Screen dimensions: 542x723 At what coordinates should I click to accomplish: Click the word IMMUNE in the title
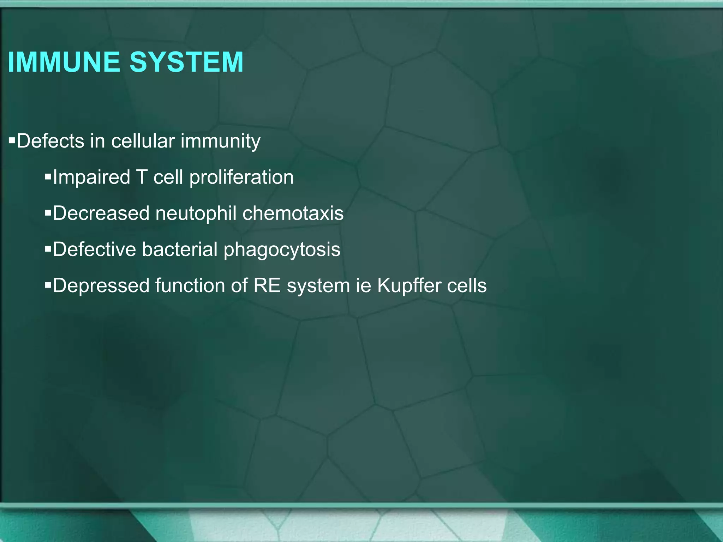click(x=64, y=62)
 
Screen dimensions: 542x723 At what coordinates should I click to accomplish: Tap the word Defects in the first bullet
click(x=50, y=141)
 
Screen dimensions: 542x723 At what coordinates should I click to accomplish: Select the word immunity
click(x=221, y=141)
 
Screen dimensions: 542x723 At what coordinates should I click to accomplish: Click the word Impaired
click(x=91, y=177)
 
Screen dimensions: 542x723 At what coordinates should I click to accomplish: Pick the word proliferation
click(x=241, y=177)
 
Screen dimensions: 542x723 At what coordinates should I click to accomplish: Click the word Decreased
click(x=101, y=213)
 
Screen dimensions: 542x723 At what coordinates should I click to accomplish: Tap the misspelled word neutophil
click(x=196, y=214)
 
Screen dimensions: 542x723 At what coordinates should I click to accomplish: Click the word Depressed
click(x=101, y=286)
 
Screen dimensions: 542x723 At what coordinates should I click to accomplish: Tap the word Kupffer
click(x=409, y=286)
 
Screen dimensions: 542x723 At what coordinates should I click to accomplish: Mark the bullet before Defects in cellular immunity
click(x=12, y=141)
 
